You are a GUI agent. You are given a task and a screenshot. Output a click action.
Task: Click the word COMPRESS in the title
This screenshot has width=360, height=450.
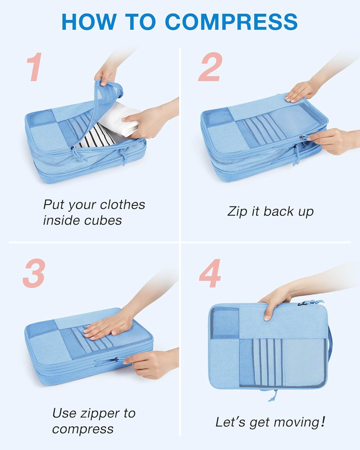(231, 22)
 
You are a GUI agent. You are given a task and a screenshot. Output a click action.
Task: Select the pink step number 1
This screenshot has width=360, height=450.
(35, 67)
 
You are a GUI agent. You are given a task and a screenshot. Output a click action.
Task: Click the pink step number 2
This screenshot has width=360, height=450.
(210, 67)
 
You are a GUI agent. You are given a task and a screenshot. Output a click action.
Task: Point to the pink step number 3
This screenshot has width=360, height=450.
(34, 273)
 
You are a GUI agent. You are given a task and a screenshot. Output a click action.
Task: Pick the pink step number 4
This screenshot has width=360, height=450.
(210, 273)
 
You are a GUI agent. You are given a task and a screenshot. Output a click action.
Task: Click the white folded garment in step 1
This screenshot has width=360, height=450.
(119, 119)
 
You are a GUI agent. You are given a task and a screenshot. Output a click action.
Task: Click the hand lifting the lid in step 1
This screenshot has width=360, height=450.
(106, 73)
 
